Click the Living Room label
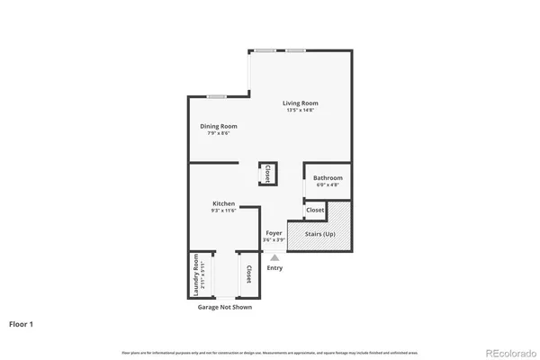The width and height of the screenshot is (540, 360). (x=301, y=103)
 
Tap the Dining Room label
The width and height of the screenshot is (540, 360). (x=218, y=126)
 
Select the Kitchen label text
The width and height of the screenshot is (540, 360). (x=223, y=203)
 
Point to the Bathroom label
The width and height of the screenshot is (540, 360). (x=328, y=177)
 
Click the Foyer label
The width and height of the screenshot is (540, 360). (x=274, y=233)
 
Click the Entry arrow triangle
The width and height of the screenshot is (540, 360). (x=274, y=256)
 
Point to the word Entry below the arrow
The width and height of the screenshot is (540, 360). (x=274, y=267)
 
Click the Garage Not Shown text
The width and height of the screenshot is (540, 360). (x=224, y=307)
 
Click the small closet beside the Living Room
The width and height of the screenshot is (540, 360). (x=267, y=174)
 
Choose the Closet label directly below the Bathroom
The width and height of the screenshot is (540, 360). (x=315, y=210)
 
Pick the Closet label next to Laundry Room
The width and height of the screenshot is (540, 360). (x=247, y=274)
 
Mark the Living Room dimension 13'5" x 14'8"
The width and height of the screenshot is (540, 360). (x=301, y=110)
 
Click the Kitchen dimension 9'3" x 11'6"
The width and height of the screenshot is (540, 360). (x=223, y=211)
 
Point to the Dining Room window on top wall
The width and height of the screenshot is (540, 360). (x=216, y=95)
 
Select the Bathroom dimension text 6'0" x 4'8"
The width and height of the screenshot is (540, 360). (x=328, y=184)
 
